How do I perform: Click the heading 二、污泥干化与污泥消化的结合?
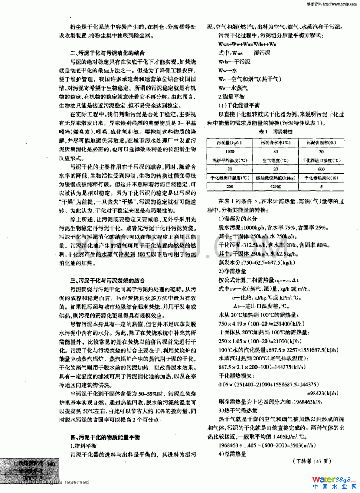tap(107, 53)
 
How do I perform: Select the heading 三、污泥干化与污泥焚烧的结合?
tap(107, 281)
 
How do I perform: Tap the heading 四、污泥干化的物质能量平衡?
tap(105, 437)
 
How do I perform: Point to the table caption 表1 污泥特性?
tap(276, 132)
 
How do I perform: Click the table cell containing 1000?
tap(230, 151)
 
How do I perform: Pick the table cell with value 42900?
tap(275, 187)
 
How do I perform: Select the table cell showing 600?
tap(321, 169)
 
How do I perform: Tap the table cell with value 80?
tap(275, 151)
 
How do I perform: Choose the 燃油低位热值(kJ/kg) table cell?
tap(275, 178)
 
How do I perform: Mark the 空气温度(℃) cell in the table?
tap(275, 160)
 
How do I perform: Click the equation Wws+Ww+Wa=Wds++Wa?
tap(248, 44)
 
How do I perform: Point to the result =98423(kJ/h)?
tap(323, 393)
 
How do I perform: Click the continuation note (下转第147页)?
tap(312, 461)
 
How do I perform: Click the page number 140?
tap(51, 464)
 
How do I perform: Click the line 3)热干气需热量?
tap(238, 411)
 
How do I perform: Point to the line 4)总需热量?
tap(232, 454)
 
